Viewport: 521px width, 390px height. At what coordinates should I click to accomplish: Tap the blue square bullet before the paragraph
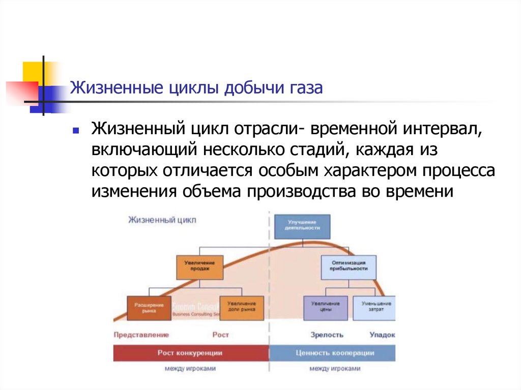point(75,131)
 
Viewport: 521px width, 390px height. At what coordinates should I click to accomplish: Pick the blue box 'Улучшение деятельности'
point(302,226)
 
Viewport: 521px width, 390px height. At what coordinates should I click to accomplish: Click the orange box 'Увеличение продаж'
point(199,266)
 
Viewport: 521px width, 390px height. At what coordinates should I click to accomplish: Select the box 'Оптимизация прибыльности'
point(349,266)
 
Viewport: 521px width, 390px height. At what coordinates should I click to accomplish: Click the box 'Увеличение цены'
point(326,307)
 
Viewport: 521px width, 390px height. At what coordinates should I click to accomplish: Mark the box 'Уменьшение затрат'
point(374,307)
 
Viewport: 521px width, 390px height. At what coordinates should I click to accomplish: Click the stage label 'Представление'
point(141,335)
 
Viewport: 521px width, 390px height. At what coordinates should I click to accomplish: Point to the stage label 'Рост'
point(221,335)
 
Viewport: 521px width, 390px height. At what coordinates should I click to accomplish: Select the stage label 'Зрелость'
point(327,335)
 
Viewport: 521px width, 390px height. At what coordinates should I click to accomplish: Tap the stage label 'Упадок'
point(382,335)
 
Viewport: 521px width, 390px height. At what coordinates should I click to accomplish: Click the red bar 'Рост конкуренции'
point(190,353)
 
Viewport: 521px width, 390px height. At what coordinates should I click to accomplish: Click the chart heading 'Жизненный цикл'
point(162,220)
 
